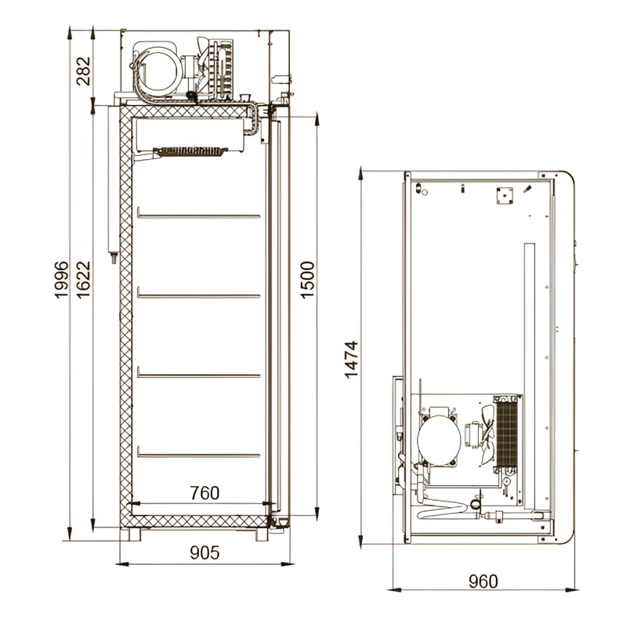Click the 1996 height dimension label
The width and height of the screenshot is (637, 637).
click(x=61, y=280)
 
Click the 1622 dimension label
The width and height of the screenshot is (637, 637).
click(x=83, y=280)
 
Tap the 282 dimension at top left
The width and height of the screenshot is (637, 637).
click(x=83, y=71)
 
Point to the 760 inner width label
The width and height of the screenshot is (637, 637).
click(x=205, y=493)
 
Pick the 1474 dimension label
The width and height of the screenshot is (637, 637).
click(x=351, y=359)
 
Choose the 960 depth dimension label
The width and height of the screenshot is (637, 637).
click(x=483, y=581)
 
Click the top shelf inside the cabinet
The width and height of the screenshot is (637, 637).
click(x=198, y=216)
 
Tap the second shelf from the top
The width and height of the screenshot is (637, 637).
click(x=198, y=295)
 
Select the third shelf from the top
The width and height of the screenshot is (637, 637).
click(x=198, y=375)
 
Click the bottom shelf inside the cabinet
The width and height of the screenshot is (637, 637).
click(x=198, y=455)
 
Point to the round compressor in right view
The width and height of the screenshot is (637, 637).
click(x=439, y=439)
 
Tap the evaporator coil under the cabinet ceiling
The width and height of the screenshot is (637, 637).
click(x=190, y=151)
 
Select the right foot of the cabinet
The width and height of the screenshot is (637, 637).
click(x=263, y=534)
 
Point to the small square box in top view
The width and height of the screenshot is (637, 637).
click(x=503, y=195)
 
